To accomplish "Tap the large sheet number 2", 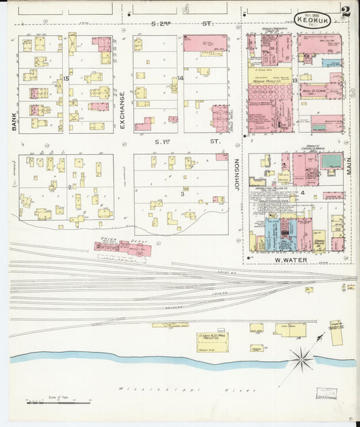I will [x=345, y=11].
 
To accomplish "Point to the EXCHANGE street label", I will [x=123, y=110].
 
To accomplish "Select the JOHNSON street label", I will [x=237, y=174].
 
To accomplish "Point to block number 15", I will [x=66, y=79].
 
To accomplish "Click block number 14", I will [x=180, y=79].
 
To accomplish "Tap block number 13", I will [x=295, y=80].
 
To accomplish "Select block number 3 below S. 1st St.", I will [x=181, y=194].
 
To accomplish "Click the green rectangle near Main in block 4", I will [x=331, y=161].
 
